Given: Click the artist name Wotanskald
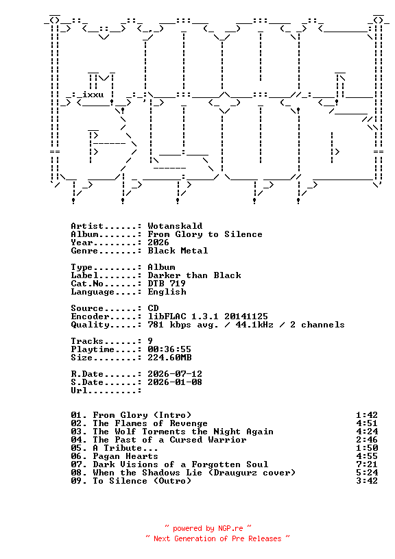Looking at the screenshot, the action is (175, 226).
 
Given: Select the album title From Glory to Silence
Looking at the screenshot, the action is (205, 234).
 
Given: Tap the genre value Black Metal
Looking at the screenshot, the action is (178, 251).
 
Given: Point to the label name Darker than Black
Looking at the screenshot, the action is (194, 275).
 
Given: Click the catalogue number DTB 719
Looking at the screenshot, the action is (167, 284).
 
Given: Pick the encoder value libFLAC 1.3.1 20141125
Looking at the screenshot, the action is (208, 316).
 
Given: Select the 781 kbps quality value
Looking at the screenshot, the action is (169, 325).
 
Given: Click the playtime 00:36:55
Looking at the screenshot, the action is (169, 349).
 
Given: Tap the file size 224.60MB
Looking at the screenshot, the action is (169, 357).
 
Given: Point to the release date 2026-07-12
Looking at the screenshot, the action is (175, 373).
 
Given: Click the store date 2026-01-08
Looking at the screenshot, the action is (175, 382).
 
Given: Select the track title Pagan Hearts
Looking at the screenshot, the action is (125, 456).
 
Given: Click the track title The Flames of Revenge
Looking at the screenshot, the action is (150, 423).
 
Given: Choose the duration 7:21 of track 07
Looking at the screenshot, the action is (367, 464).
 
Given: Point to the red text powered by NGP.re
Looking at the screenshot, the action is (208, 528).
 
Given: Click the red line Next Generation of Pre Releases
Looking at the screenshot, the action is (217, 538).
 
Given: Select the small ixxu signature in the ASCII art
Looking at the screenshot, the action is (93, 95).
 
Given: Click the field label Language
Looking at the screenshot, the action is (93, 292).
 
